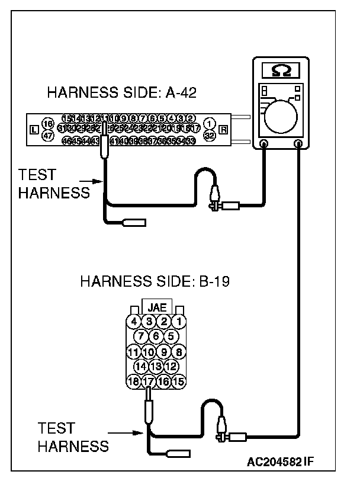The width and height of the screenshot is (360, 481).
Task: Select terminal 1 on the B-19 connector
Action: pyautogui.click(x=179, y=322)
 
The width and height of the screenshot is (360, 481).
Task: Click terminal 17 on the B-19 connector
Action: pyautogui.click(x=149, y=381)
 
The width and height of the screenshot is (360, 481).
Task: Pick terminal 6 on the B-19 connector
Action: pyautogui.click(x=156, y=336)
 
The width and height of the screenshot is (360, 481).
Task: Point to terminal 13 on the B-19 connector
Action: pyautogui.click(x=156, y=367)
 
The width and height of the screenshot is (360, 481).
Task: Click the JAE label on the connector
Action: pyautogui.click(x=157, y=307)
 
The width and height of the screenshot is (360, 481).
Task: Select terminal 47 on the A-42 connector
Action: pyautogui.click(x=49, y=136)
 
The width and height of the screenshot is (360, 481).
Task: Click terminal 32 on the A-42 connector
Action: pyautogui.click(x=209, y=135)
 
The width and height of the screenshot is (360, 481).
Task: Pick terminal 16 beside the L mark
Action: pyautogui.click(x=49, y=124)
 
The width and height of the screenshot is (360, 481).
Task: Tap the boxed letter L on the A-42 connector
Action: pyautogui.click(x=34, y=130)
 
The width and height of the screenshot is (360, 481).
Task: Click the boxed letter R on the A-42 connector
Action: pyautogui.click(x=223, y=130)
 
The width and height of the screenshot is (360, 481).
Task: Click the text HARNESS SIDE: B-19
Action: pyautogui.click(x=155, y=280)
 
